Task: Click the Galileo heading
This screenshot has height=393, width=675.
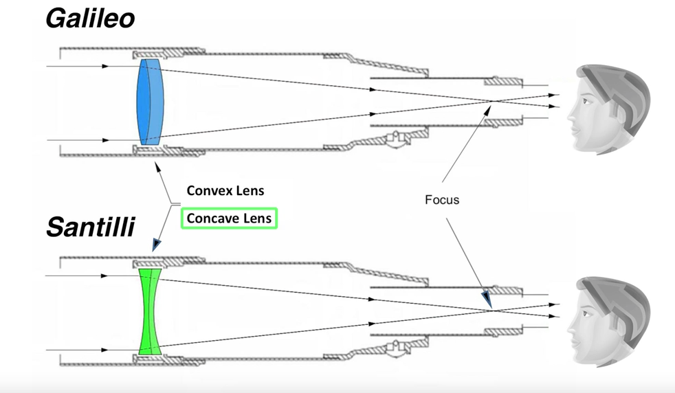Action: point(90,19)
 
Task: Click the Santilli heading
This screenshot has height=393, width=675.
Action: point(90,226)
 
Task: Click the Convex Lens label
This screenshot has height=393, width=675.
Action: point(225,190)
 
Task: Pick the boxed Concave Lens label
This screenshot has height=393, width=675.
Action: point(230,218)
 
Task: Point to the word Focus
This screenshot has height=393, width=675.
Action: point(441,201)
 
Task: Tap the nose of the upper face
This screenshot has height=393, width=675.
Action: point(571,114)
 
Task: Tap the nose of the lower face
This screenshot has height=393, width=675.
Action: point(571,324)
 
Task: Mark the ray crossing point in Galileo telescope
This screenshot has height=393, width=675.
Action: point(492,104)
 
